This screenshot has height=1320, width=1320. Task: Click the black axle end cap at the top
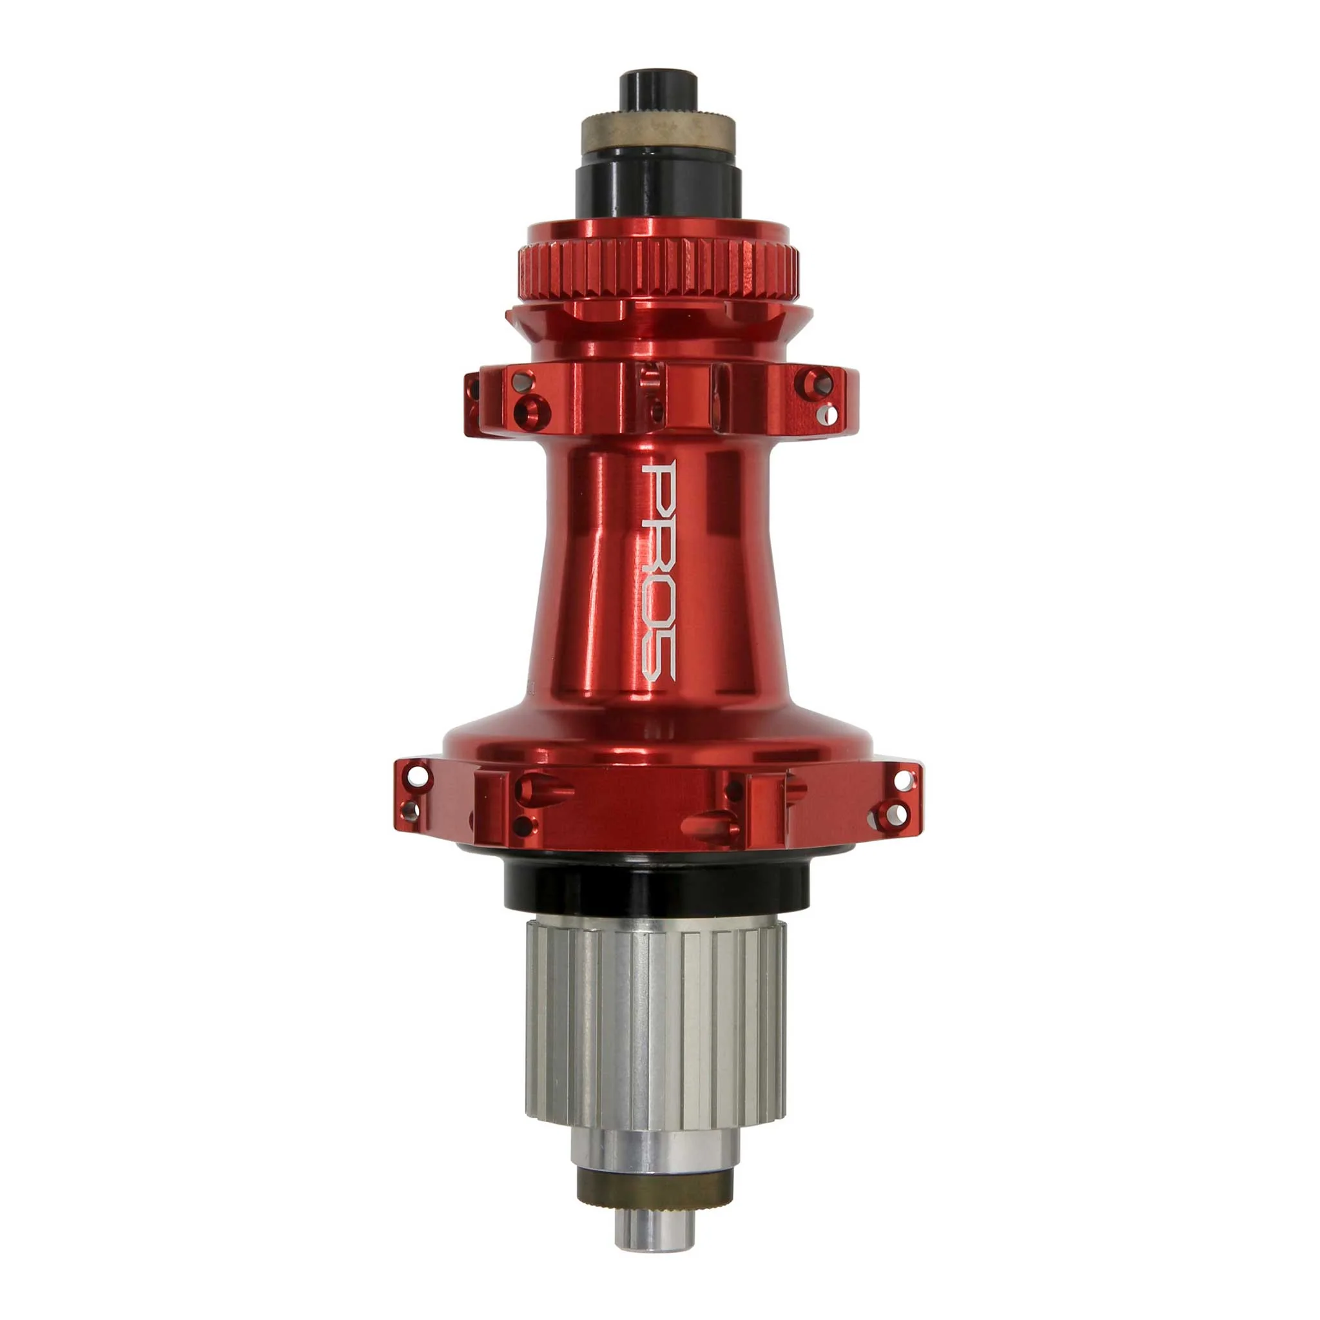pyautogui.click(x=658, y=91)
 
